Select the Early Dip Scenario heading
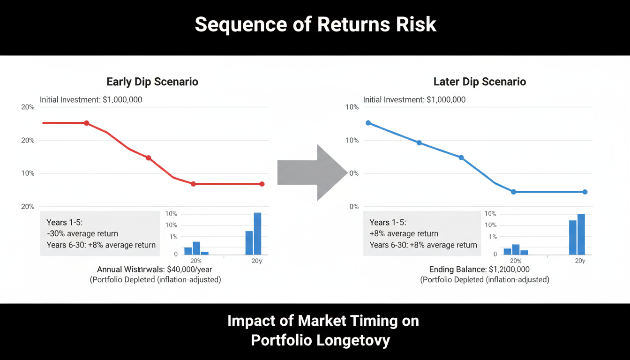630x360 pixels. (x=152, y=82)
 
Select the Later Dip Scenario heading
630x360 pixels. (x=480, y=82)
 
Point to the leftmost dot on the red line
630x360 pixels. (x=86, y=123)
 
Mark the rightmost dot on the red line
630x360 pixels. (x=262, y=184)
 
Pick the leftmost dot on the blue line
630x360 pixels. (x=368, y=123)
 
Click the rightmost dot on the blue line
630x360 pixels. (x=585, y=192)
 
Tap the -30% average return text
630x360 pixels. (x=82, y=233)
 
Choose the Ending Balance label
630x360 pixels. (x=457, y=270)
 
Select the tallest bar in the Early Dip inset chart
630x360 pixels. (x=257, y=233)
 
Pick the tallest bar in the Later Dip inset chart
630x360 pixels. (x=581, y=234)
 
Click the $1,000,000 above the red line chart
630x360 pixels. (x=122, y=100)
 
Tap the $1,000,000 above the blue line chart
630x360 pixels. (x=446, y=100)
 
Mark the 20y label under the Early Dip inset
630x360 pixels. (x=257, y=261)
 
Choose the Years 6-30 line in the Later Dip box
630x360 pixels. (x=423, y=245)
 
